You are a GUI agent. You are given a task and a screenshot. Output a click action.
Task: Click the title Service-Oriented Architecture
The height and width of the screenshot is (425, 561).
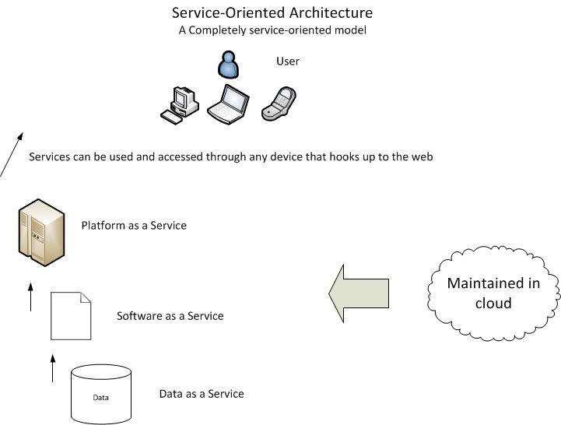272,13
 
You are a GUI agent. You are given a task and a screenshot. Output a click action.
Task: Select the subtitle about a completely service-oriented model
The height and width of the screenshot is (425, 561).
272,30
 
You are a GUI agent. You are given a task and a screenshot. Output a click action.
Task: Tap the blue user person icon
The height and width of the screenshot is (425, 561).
227,66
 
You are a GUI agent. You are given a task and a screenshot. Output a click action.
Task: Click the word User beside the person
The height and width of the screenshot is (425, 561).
287,61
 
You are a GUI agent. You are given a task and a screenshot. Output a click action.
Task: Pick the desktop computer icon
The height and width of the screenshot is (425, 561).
180,104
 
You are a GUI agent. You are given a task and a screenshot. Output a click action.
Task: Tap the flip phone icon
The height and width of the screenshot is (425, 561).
279,104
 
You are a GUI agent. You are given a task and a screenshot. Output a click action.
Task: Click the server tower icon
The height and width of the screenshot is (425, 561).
39,230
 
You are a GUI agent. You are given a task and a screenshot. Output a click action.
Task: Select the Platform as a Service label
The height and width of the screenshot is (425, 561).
134,226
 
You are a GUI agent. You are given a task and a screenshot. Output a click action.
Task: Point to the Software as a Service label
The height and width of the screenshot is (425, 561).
170,316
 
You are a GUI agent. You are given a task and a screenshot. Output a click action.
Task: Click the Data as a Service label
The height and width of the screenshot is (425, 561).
201,394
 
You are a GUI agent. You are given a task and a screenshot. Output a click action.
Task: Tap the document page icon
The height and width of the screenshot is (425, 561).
71,316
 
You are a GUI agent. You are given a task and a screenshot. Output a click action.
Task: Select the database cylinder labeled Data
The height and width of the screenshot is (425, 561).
101,394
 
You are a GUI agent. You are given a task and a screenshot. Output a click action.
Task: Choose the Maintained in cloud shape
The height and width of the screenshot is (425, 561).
493,293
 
